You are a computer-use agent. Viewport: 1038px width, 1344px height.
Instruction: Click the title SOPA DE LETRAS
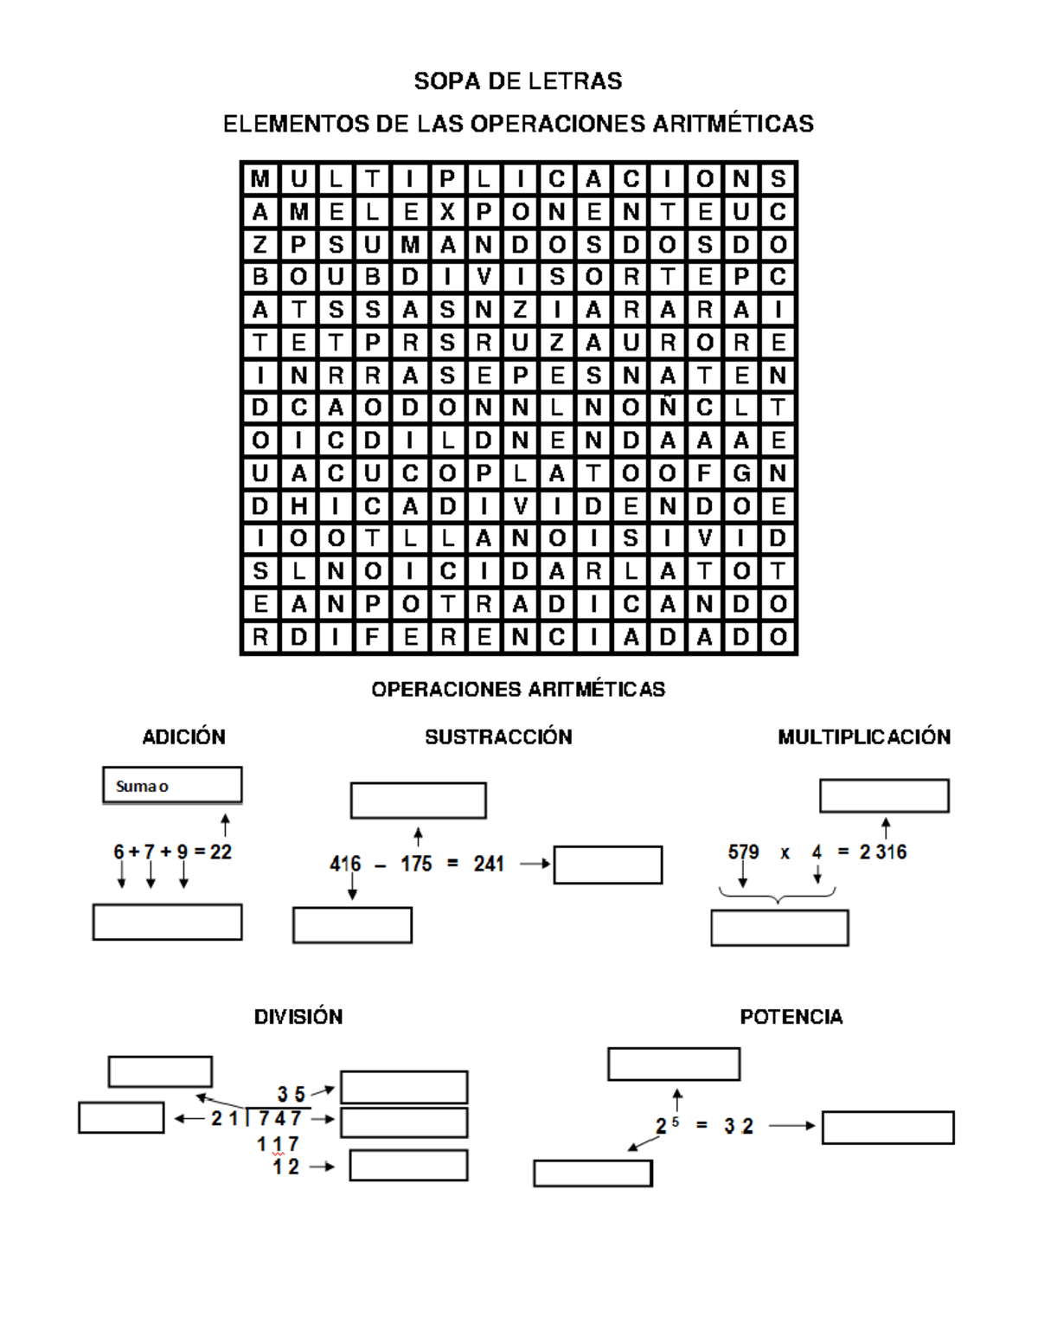coord(518,81)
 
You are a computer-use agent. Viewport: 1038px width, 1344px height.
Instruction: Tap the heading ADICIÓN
coord(183,737)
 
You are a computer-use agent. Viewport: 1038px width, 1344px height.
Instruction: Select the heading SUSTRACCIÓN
coord(498,737)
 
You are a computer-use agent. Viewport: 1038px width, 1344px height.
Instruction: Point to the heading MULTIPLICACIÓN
coord(863,737)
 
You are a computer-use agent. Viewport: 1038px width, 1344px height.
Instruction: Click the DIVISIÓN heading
coord(298,1017)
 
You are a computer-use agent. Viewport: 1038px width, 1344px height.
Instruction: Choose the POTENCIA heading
coord(791,1017)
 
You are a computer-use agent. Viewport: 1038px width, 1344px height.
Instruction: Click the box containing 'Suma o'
coord(172,786)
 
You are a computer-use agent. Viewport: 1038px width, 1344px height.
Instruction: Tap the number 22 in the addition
coord(221,852)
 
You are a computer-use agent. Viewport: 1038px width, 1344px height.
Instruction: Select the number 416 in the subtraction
coord(345,864)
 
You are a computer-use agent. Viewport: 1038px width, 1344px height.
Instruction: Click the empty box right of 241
coord(608,865)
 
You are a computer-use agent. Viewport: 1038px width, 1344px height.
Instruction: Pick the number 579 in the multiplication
coord(743,852)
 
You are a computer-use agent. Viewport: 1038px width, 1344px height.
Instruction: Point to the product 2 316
coord(883,852)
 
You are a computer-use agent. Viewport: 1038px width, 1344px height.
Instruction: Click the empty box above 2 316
coord(884,796)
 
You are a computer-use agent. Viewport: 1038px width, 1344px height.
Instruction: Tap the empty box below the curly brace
coord(779,928)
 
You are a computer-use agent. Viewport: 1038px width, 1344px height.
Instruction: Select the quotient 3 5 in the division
coord(292,1095)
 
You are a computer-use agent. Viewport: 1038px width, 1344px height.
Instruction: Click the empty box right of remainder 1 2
coord(408,1166)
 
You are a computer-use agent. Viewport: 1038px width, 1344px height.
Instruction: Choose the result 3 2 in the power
coord(739,1127)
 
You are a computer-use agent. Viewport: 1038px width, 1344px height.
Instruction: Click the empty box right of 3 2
coord(887,1128)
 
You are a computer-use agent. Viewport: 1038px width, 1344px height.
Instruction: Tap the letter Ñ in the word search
coord(668,408)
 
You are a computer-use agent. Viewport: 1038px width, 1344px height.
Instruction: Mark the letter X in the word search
coord(447,212)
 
